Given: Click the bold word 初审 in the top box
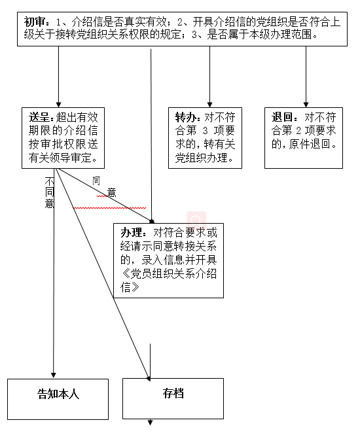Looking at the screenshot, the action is pos(34,22).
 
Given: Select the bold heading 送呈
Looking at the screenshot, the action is pos(39,117).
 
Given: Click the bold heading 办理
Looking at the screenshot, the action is pos(131,233).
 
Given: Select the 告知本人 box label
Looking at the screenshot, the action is pos(58,394).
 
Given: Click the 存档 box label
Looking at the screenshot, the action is pos(173,393).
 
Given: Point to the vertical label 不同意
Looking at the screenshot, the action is pos(50,193).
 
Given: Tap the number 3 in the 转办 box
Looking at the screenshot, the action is pos(206,131).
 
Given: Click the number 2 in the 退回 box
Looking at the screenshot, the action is pos(299,131).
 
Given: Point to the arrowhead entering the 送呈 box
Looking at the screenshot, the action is pos(58,105).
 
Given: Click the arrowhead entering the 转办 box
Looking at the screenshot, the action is pos(209,105).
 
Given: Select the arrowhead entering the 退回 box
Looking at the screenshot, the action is pos(306,105).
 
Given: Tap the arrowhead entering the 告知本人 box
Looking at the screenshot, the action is pos(54,375).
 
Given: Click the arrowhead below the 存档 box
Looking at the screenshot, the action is pos(151,423).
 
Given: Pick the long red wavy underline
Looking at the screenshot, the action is pos(109,207).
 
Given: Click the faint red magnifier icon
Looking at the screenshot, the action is pos(196,220).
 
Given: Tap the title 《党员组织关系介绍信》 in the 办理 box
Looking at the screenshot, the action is pos(168,281).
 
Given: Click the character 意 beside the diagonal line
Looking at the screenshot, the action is pos(112,192).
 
